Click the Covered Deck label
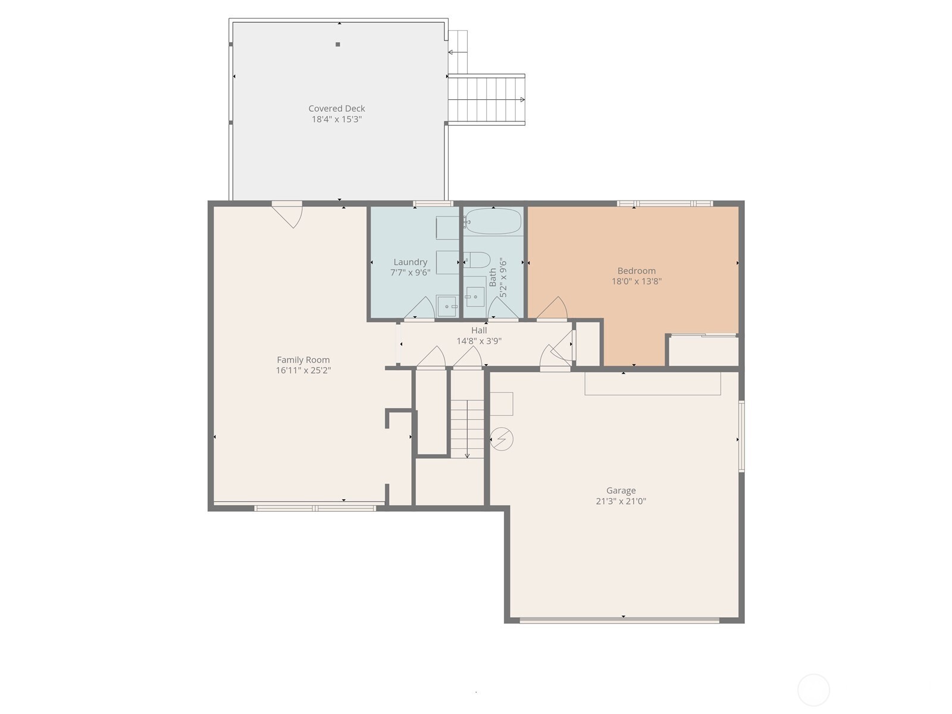[x=337, y=108]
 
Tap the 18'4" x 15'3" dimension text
[x=337, y=119]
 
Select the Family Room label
[x=303, y=359]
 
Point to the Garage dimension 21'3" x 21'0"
[x=621, y=501]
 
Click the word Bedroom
[x=636, y=271]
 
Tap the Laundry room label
[x=410, y=262]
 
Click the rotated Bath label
[x=493, y=277]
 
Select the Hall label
[x=479, y=330]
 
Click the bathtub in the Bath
[x=493, y=221]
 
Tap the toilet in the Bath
[x=477, y=259]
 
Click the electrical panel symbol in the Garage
[x=502, y=439]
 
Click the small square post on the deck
[x=337, y=44]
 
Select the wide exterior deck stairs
[x=486, y=100]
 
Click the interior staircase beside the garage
[x=467, y=428]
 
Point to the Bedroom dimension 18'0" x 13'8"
[x=636, y=281]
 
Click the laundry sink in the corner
[x=447, y=306]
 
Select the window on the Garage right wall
[x=741, y=436]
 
